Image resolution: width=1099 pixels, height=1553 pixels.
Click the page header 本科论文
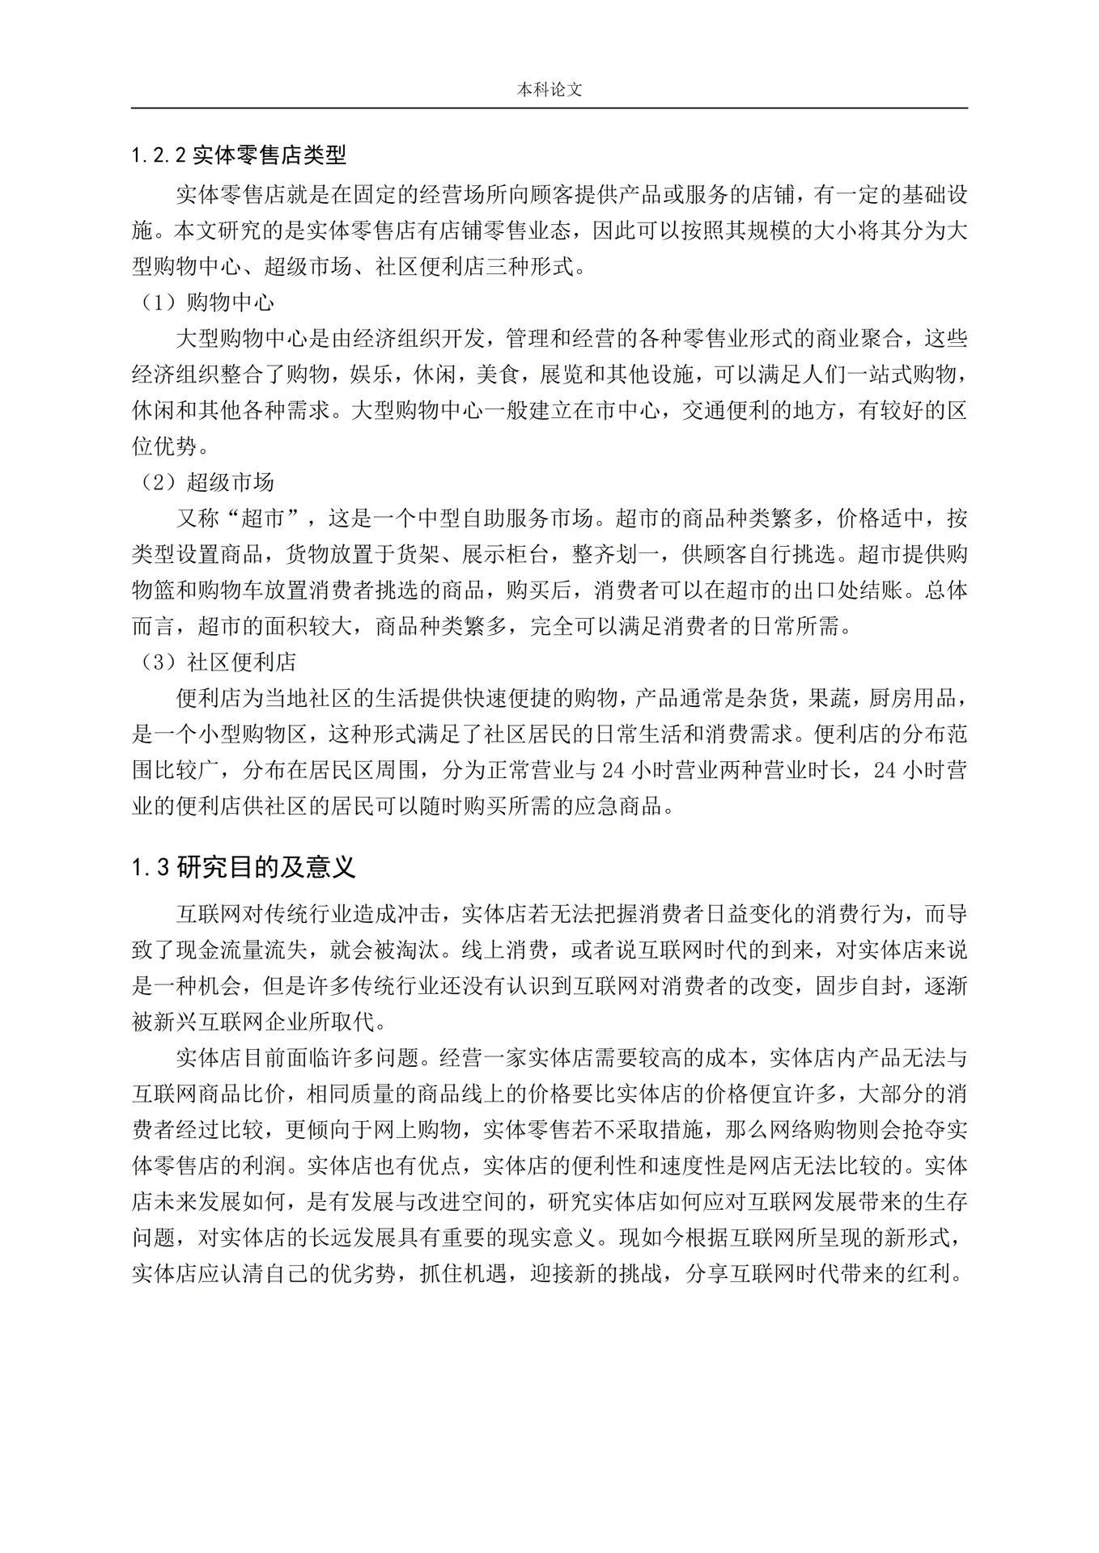point(549,91)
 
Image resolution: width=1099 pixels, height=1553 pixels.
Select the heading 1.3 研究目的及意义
point(244,868)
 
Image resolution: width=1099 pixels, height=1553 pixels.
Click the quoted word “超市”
point(266,518)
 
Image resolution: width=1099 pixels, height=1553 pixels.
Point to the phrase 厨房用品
point(912,698)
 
